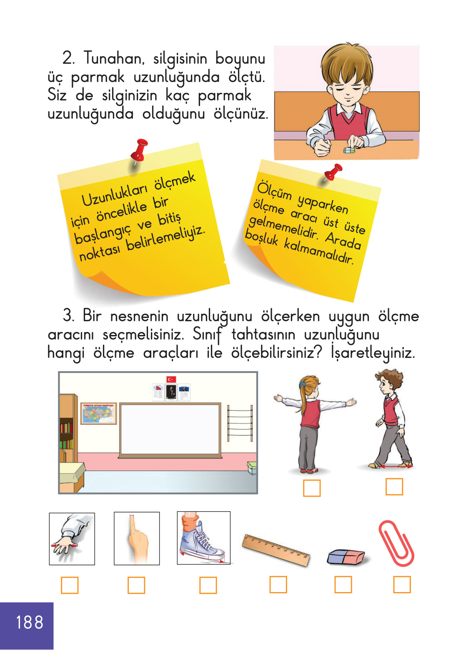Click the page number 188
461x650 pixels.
click(x=29, y=622)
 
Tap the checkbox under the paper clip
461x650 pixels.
click(x=402, y=585)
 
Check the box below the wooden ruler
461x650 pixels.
click(x=278, y=585)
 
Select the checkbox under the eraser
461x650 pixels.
click(x=343, y=585)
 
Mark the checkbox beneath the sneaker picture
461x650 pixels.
click(x=208, y=585)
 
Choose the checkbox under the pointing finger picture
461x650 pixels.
click(x=136, y=585)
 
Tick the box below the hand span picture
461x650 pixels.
click(x=70, y=585)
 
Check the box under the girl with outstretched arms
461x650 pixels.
click(x=311, y=488)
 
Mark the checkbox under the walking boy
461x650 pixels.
click(x=394, y=487)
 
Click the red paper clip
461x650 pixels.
click(x=396, y=543)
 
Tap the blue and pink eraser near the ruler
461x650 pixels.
click(x=346, y=557)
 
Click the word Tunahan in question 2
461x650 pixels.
click(x=113, y=58)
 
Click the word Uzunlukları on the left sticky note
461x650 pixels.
click(x=114, y=195)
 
